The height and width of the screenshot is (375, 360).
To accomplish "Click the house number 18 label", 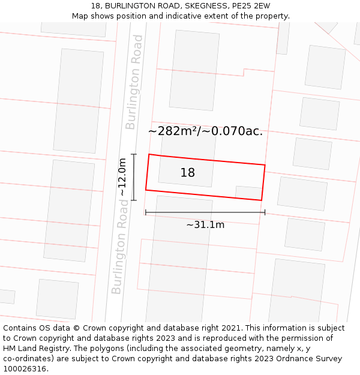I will coord(187,173).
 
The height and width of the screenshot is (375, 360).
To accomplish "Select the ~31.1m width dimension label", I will coord(205,225).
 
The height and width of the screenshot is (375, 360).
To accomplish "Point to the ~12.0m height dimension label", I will coord(122,177).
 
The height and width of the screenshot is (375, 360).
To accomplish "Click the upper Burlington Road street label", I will coord(134,82).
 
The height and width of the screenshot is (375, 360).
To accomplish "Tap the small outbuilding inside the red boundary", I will coord(248,193).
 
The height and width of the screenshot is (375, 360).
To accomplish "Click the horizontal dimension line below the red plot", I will coord(205,212).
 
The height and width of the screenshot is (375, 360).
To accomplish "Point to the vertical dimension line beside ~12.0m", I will coord(134,177).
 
